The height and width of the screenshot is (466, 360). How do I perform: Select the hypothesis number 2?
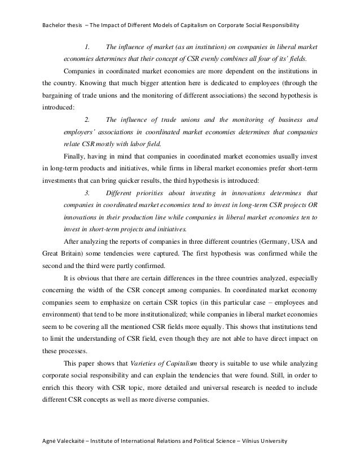click(x=87, y=119)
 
